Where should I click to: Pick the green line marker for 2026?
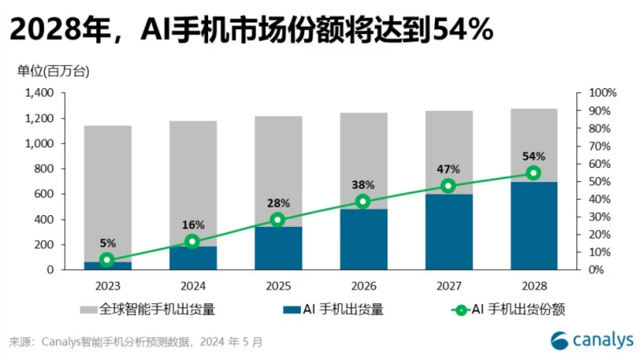(363, 201)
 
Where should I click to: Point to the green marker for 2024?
(193, 242)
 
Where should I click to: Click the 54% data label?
(533, 156)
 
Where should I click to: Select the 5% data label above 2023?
(108, 242)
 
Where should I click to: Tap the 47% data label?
(448, 169)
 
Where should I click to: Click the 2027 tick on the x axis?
(448, 284)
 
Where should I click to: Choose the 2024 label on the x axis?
(193, 284)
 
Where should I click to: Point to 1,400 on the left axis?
(39, 93)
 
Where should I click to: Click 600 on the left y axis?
(43, 194)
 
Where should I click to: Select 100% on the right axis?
(603, 93)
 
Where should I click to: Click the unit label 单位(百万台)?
(53, 72)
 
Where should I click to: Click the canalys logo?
(592, 340)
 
